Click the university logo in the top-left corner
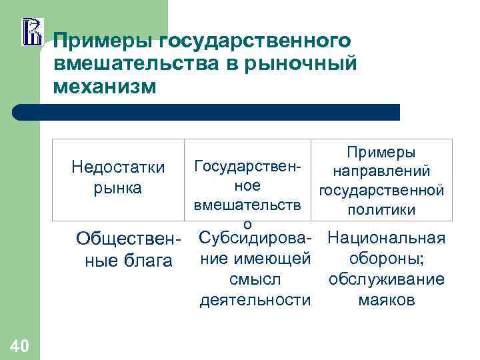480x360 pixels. (32, 32)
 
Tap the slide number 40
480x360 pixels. (19, 345)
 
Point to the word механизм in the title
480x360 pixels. (105, 87)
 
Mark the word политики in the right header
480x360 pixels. (382, 210)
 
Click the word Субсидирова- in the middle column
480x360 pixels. (255, 238)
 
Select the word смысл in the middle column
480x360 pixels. (255, 279)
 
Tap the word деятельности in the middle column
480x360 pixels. (255, 300)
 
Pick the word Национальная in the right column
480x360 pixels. (387, 238)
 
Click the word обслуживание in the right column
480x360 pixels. (387, 279)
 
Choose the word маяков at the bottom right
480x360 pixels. (387, 300)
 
